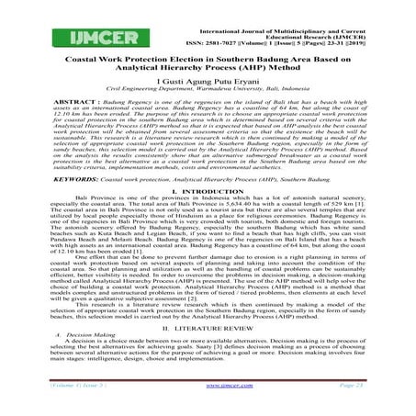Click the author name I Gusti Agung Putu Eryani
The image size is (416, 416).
point(208,80)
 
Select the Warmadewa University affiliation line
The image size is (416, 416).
point(208,89)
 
